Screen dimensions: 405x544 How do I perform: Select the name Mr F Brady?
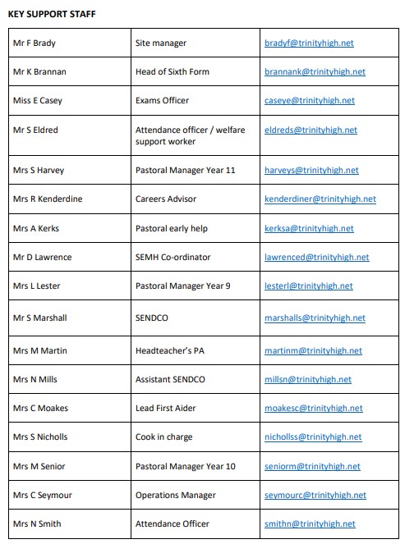35,43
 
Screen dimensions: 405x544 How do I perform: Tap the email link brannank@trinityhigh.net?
315,71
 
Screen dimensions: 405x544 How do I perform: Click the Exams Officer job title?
162,100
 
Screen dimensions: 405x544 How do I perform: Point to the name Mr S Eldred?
35,130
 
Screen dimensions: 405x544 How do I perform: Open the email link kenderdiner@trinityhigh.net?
320,199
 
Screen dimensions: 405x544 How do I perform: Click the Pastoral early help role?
174,228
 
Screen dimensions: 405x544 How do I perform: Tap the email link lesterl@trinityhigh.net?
308,286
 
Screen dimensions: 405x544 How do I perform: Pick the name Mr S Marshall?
39,318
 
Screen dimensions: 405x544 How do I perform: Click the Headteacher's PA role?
169,350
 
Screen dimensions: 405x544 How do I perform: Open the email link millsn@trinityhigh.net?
307,379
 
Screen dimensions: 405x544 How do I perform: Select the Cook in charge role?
163,437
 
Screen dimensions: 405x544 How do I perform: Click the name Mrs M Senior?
39,466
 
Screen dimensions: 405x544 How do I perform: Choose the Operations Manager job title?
174,495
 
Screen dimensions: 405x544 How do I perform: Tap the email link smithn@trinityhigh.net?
310,523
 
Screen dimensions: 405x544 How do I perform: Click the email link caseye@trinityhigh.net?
310,100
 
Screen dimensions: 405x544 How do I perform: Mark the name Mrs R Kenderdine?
48,199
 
